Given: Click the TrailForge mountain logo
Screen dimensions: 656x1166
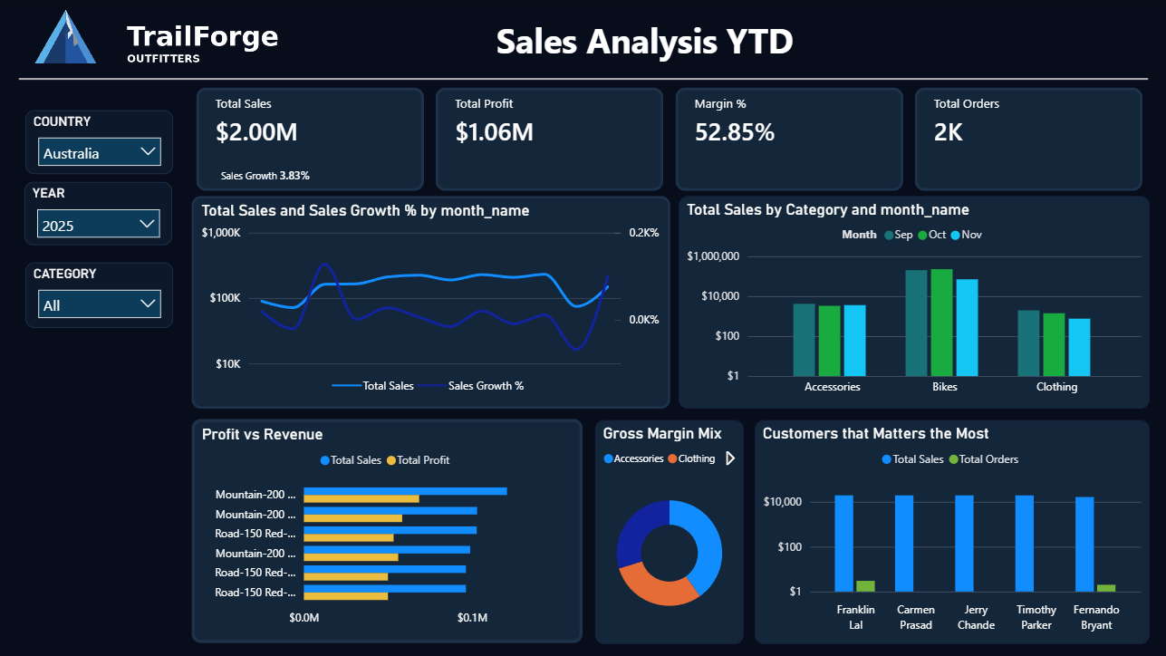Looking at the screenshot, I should click(65, 38).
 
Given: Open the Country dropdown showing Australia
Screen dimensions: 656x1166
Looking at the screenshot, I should click(100, 153).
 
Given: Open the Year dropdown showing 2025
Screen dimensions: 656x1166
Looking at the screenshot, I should click(99, 225).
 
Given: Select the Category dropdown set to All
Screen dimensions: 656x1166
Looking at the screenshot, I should click(100, 304).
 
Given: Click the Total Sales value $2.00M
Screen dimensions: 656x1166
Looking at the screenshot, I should click(256, 132).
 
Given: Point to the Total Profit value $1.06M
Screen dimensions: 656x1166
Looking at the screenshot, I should click(495, 132).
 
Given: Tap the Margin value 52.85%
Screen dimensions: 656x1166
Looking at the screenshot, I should click(735, 132).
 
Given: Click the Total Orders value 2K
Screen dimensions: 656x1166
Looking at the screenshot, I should click(949, 132).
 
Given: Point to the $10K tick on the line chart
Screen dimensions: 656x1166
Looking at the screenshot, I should click(226, 364).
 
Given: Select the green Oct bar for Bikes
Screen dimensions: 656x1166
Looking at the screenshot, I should click(941, 323).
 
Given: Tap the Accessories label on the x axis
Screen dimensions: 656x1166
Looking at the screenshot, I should click(832, 387).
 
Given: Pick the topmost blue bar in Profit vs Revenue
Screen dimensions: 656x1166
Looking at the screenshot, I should click(404, 491).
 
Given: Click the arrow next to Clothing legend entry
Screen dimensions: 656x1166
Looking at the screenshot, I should click(730, 458).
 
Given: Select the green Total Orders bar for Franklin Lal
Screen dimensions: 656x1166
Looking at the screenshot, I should click(865, 586).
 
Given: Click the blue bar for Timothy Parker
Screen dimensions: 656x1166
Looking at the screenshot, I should click(1024, 544).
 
